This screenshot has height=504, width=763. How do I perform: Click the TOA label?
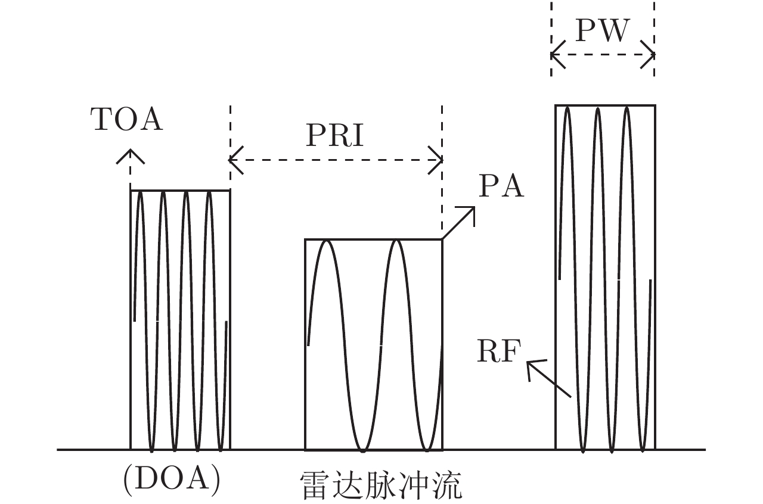[x=126, y=120]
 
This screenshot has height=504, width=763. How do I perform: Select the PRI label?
[x=334, y=136]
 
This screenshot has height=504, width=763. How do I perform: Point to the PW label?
[x=602, y=31]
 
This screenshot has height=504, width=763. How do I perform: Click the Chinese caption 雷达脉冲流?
[x=381, y=486]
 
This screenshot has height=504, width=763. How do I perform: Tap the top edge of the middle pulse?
[x=374, y=239]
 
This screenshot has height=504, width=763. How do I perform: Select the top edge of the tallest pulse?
[x=605, y=105]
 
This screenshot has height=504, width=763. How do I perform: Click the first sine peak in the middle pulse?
[x=327, y=241]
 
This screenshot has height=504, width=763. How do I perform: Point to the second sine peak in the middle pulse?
[x=395, y=241]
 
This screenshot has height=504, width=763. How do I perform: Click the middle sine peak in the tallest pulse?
[x=597, y=108]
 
